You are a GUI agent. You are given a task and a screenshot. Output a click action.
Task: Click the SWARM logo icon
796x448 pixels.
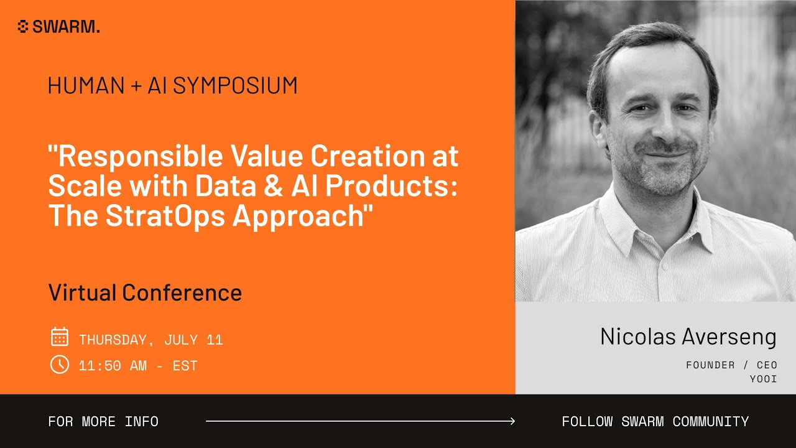23,27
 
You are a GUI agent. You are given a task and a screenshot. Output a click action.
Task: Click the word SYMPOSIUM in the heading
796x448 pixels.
235,86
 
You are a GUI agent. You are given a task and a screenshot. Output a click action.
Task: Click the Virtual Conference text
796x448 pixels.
145,292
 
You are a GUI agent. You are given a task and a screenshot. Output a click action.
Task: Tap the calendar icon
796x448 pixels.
59,337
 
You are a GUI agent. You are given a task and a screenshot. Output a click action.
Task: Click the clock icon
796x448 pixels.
59,364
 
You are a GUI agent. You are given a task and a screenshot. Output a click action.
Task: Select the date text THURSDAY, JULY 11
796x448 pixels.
150,340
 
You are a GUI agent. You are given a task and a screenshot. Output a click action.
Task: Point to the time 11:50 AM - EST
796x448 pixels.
138,366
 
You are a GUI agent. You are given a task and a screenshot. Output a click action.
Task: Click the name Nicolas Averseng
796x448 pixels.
688,337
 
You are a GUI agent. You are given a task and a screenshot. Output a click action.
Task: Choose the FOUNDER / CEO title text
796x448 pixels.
731,365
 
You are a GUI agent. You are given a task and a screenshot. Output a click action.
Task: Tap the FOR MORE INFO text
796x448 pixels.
103,421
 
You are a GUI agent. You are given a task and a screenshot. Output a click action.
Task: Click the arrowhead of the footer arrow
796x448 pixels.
512,421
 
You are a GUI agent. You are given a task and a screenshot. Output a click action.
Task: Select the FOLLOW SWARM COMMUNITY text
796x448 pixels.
655,421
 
